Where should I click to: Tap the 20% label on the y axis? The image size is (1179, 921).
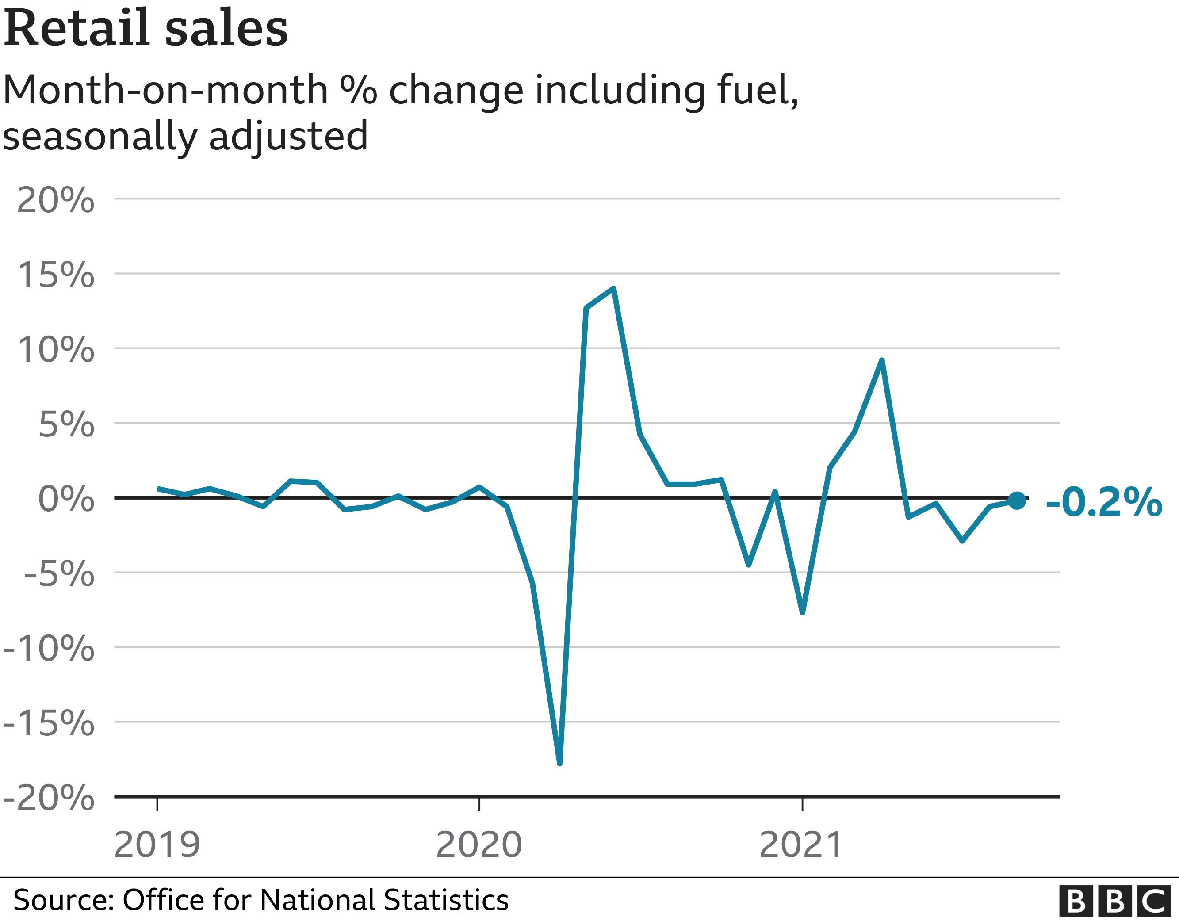point(56,200)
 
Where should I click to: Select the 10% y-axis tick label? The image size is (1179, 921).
point(56,349)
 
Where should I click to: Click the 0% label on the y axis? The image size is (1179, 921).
point(66,499)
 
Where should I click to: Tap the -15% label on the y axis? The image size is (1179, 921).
point(49,723)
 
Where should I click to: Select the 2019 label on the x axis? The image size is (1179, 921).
point(157,845)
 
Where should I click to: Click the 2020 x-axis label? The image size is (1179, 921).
point(479,845)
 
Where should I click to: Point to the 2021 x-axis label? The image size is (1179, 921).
point(801,845)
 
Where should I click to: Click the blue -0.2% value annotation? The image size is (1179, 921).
point(1103,503)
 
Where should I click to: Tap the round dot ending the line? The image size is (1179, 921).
point(1017,501)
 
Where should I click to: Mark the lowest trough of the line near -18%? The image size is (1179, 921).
point(559,763)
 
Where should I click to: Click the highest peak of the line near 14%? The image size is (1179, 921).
point(614,289)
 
